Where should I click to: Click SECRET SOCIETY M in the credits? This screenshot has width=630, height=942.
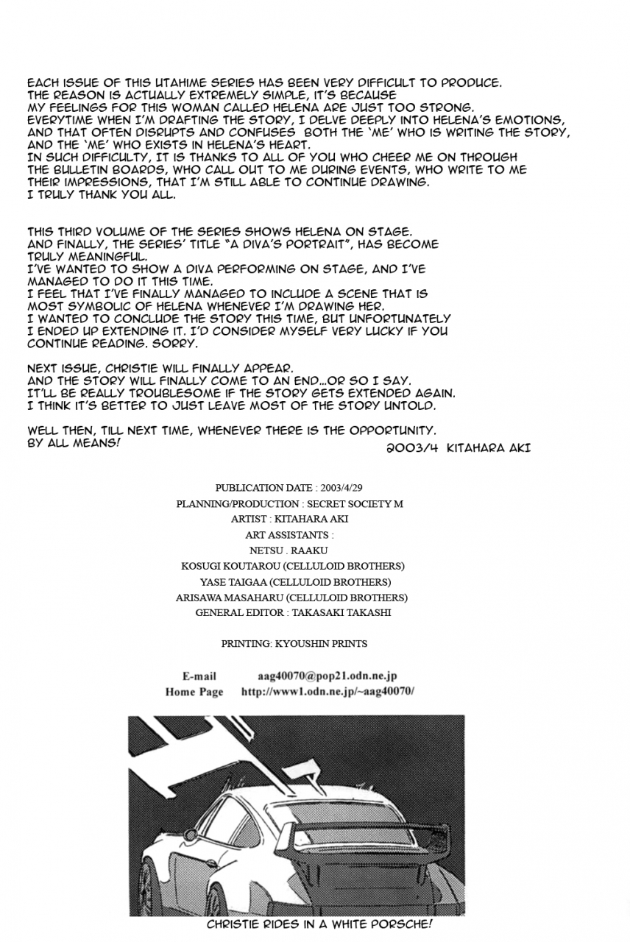355,503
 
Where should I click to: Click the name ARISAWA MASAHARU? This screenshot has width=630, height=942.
228,598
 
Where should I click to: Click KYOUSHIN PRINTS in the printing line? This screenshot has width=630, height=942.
321,643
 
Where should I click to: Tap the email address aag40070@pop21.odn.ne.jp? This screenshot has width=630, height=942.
328,676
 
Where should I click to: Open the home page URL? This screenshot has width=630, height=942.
328,691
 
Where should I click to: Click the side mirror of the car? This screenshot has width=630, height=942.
192,835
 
